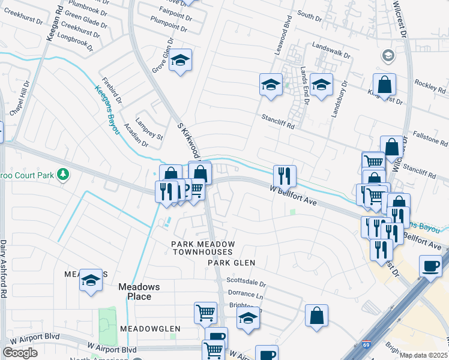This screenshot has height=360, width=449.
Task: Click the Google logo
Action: tap(20, 353)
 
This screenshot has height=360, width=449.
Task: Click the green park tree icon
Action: tap(63, 175)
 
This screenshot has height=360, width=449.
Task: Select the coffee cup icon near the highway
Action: tap(430, 266)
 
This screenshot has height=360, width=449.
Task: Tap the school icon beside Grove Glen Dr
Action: tap(179, 61)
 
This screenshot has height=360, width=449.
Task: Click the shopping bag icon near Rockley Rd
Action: tap(384, 85)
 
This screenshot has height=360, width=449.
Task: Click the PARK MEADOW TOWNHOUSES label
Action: tap(202, 248)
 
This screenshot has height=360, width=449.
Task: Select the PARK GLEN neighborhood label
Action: tap(232, 263)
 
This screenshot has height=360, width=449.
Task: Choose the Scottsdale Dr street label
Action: tap(246, 282)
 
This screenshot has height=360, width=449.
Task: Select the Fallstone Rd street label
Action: tap(430, 140)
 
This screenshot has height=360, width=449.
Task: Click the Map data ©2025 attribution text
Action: tap(424, 355)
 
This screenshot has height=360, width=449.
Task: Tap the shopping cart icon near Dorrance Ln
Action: tap(205, 312)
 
